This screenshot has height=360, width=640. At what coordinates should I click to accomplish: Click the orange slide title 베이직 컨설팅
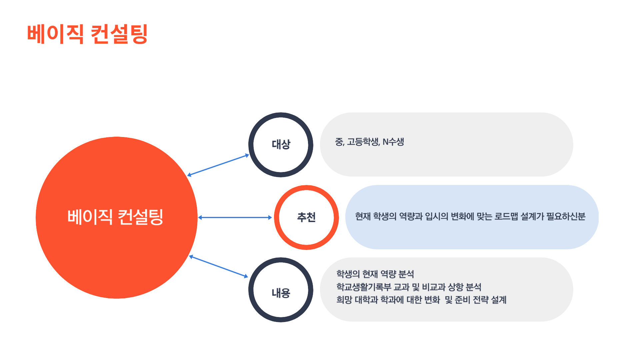(x=87, y=34)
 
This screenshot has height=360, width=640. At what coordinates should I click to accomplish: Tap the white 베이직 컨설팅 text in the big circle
(x=115, y=217)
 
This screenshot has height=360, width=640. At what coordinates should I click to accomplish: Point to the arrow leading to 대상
(x=218, y=165)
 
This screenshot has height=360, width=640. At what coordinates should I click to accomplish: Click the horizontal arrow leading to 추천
(x=235, y=218)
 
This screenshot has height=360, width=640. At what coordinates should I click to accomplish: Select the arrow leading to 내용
(x=219, y=267)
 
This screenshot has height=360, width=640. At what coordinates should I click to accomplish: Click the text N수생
(x=393, y=142)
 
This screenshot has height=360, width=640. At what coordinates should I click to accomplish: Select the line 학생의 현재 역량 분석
(x=375, y=274)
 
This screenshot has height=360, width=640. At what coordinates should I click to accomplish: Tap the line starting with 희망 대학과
(x=421, y=300)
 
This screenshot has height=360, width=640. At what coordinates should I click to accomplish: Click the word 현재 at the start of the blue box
(x=363, y=217)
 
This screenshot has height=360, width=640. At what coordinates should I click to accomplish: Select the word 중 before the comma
(x=339, y=142)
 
